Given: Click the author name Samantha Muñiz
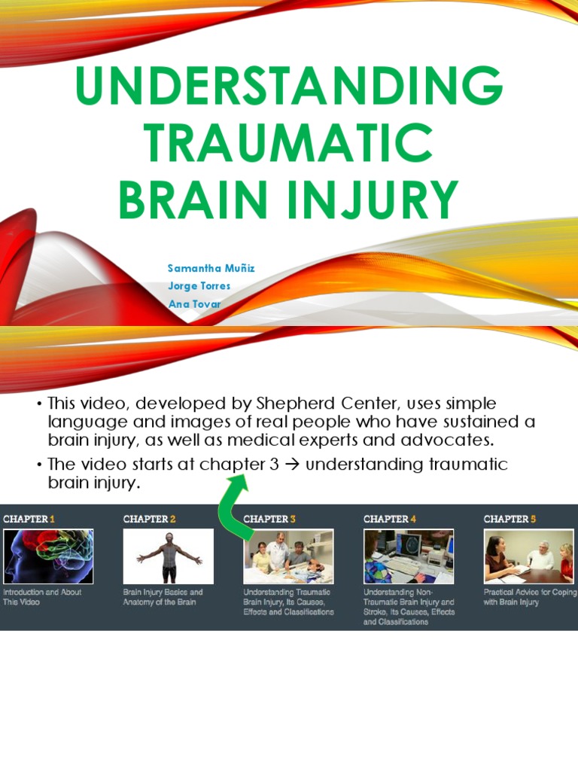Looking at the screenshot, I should click(211, 269).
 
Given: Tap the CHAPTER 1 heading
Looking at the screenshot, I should click(29, 519).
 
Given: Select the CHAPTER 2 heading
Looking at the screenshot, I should click(149, 519).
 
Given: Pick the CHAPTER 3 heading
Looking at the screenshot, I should click(269, 519).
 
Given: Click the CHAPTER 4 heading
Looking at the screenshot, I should click(389, 519).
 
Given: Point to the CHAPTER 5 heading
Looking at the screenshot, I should click(510, 519).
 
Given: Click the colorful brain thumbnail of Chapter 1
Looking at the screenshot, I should click(48, 556).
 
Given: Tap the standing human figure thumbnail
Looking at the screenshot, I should click(169, 556).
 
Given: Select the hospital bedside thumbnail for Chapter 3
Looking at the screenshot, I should click(289, 556).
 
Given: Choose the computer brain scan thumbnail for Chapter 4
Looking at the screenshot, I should click(409, 556).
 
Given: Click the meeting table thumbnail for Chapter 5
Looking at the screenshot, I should click(528, 556).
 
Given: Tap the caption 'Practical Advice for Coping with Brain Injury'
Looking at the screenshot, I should click(528, 597).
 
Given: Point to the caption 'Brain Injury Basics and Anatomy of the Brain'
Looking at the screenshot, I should click(163, 597).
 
